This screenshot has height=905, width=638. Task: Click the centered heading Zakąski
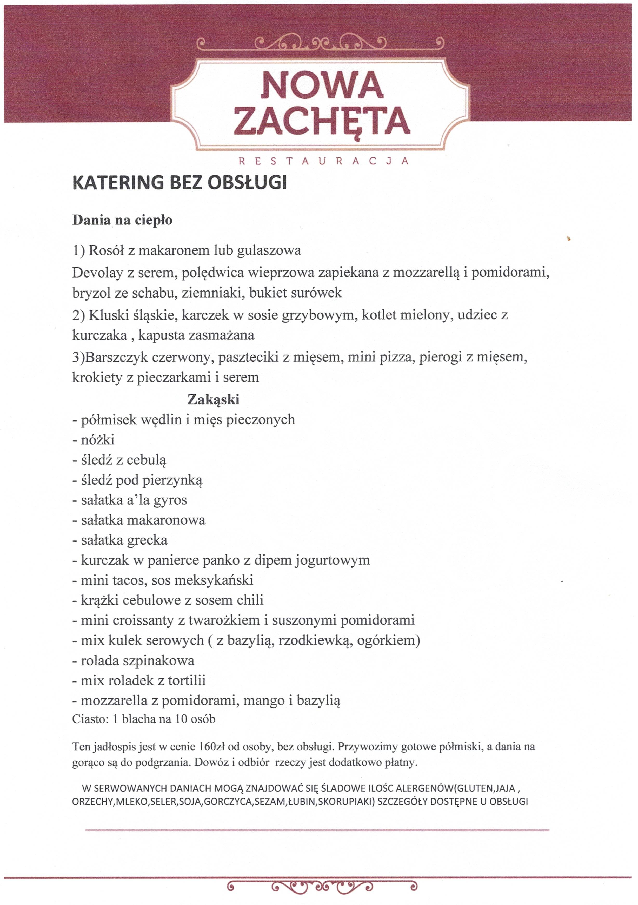213,399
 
